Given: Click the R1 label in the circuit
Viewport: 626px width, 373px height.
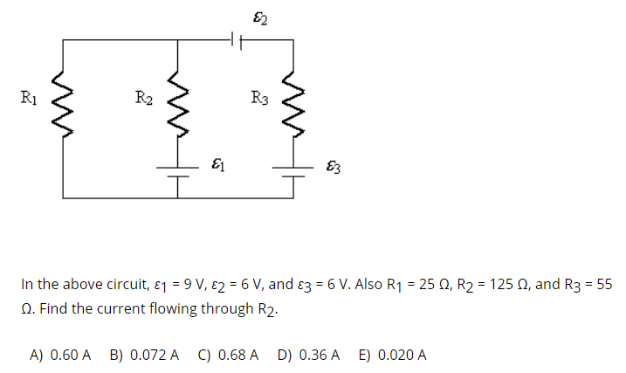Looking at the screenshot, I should click(29, 95).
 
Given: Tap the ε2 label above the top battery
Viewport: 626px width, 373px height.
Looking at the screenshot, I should click(259, 15).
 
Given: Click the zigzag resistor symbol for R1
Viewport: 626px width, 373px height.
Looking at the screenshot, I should click(63, 104).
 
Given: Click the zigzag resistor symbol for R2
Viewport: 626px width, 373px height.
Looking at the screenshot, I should click(177, 104).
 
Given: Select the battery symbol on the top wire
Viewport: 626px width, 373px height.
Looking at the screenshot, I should click(234, 39).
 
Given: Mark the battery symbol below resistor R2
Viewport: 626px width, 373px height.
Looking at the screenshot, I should click(177, 170).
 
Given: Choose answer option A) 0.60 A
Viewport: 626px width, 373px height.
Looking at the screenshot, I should click(60, 355).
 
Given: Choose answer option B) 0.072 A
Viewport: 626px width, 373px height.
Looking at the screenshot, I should click(145, 355).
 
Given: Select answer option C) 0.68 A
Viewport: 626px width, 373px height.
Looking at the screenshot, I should click(229, 355).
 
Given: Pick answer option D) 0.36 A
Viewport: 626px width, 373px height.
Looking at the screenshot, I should click(308, 355).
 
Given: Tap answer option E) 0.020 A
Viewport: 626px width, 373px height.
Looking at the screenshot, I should click(392, 355).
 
